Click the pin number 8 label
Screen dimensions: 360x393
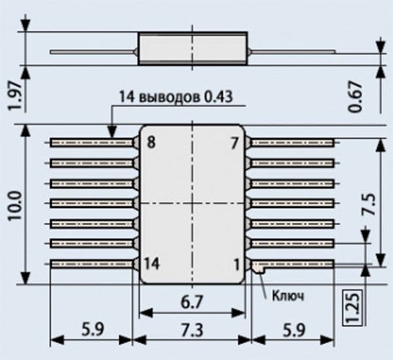point(151,142)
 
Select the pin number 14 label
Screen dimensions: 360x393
point(153,264)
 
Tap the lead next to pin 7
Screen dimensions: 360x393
point(293,142)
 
